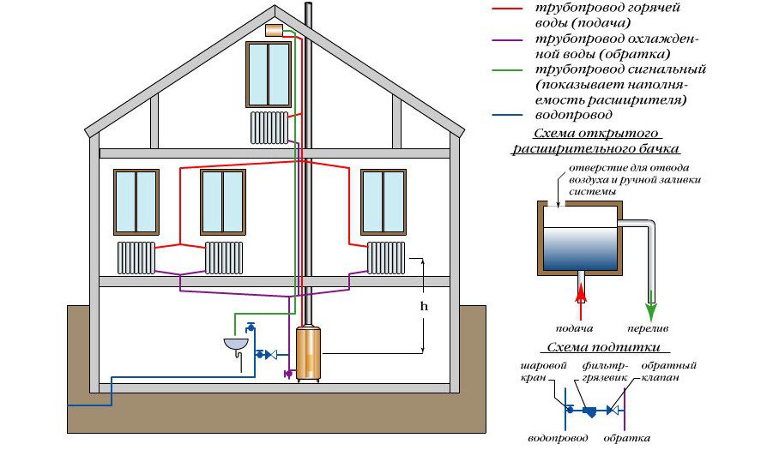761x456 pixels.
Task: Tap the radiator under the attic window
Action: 269,127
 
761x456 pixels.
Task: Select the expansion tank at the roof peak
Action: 275,30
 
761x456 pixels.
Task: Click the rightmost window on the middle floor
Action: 383,201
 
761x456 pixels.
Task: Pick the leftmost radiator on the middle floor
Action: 136,256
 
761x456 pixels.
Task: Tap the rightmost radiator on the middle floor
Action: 386,256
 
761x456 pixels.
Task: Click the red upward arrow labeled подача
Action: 582,297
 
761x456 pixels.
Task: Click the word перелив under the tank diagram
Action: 651,328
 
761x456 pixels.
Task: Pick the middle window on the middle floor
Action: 222,201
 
